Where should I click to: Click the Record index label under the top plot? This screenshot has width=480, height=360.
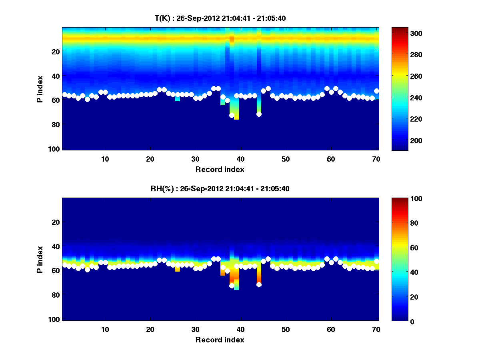coord(220,170)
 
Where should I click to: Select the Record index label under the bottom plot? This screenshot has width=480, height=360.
coord(220,340)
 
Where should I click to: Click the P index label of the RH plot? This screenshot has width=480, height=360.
coord(40,260)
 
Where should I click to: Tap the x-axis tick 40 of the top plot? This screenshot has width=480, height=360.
coord(240,159)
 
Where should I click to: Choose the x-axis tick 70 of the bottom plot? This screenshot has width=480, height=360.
coord(376,330)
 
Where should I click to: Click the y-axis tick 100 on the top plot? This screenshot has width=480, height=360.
coord(55,149)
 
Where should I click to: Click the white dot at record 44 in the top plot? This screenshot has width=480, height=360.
coord(259,114)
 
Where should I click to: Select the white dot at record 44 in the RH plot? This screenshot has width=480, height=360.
coord(259,284)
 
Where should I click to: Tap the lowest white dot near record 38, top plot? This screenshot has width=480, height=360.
coord(232,115)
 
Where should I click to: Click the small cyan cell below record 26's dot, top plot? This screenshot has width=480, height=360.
coord(178,99)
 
